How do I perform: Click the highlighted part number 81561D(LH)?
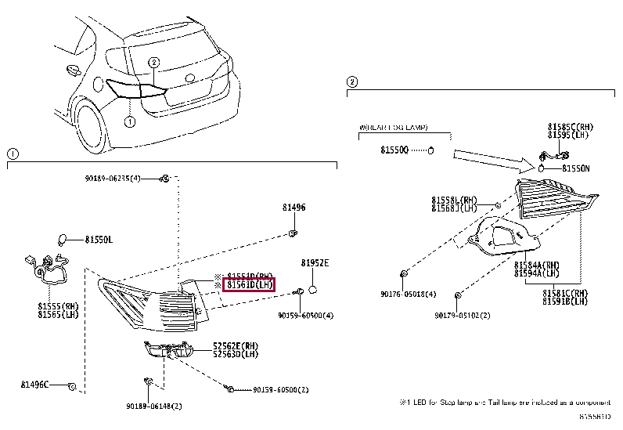tap(250, 285)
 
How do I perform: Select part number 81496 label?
tap(294, 208)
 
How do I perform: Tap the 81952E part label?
tap(315, 264)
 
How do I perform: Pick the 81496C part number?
tap(35, 385)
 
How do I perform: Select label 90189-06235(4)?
tap(113, 179)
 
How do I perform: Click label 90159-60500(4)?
tap(305, 316)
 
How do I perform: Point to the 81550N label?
tap(576, 168)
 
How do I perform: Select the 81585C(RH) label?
tap(569, 126)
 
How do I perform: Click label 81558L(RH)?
tap(454, 200)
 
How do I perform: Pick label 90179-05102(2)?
tap(463, 316)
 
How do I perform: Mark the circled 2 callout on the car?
tap(154, 62)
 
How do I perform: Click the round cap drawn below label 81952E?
tap(311, 290)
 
